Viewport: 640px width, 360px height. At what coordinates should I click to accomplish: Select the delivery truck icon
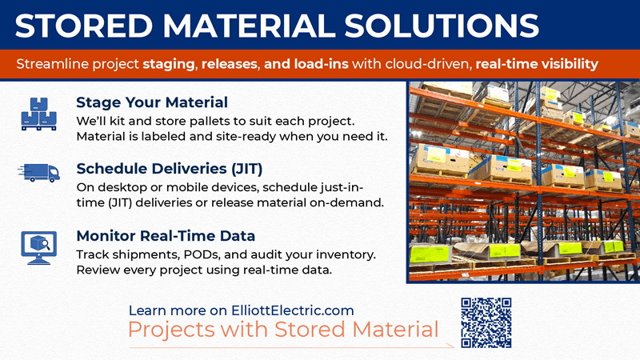pos(38,174)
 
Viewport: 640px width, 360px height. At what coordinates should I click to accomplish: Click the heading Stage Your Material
pos(152,102)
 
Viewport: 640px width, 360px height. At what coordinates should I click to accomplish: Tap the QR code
pos(486,322)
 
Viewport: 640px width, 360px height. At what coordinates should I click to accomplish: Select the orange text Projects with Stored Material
pos(284,330)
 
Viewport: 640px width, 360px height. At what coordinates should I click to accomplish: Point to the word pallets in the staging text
pos(212,120)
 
